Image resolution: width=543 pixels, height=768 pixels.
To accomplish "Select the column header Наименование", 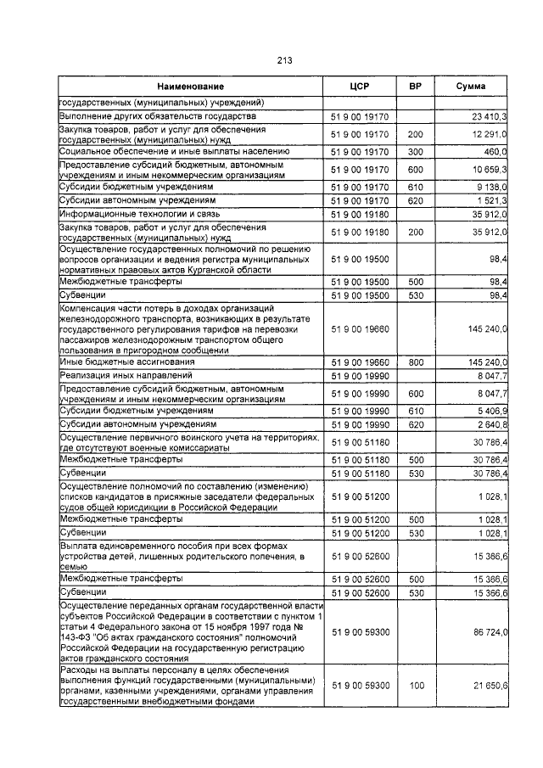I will (x=190, y=87).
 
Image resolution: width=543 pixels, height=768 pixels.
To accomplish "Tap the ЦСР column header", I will (x=359, y=87).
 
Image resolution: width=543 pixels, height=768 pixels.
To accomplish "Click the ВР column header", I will (x=415, y=87).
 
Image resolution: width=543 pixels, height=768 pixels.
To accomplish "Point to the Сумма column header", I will (x=471, y=87).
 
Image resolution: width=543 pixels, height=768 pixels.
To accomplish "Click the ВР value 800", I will (x=415, y=362).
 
